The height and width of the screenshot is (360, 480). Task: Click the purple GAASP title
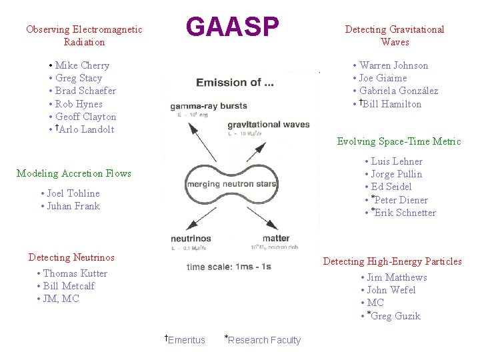233,27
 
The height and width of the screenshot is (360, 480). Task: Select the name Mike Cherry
82,65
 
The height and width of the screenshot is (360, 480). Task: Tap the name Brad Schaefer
85,91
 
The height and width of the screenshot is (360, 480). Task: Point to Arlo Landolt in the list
87,129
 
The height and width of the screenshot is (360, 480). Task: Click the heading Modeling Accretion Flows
74,173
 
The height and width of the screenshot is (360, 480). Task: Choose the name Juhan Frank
73,206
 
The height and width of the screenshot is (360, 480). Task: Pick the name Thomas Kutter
75,273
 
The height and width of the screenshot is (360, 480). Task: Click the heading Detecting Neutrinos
71,257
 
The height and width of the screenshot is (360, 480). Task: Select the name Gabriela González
399,91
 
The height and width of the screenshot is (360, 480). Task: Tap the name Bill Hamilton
392,104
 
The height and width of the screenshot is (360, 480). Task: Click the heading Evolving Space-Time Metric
399,141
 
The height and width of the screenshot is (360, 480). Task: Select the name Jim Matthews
397,277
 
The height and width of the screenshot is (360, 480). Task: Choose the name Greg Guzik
395,316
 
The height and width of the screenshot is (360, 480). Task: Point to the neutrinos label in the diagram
191,238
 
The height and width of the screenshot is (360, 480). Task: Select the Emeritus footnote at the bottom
186,340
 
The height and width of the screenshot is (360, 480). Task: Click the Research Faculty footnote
264,340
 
